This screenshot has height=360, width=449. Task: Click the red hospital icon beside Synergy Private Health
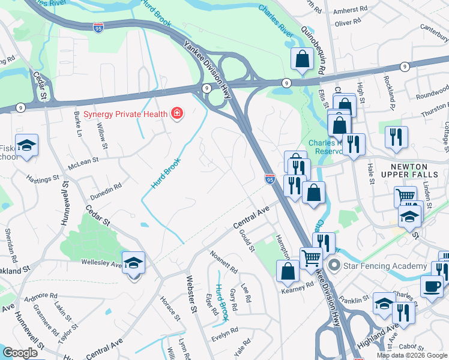(x=176, y=113)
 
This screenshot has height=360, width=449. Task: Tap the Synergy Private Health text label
(x=126, y=113)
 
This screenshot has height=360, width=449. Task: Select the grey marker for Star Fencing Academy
(x=334, y=265)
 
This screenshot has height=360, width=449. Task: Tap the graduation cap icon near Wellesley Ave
(x=134, y=262)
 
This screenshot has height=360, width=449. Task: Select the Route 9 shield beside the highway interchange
(x=206, y=88)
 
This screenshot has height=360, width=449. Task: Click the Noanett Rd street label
(x=223, y=262)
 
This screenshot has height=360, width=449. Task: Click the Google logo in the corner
(x=20, y=352)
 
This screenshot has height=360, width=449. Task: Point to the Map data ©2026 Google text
(x=412, y=355)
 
